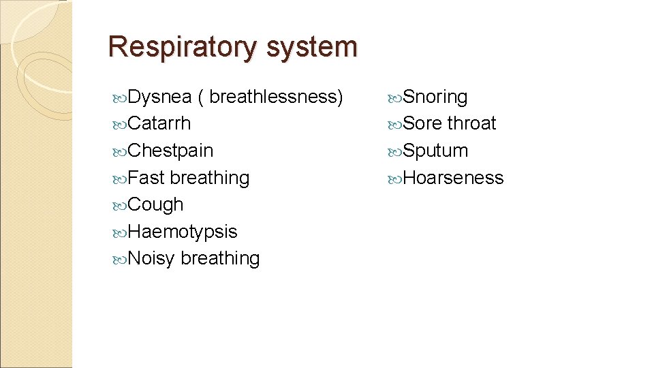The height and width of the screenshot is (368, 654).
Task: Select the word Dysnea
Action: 159,97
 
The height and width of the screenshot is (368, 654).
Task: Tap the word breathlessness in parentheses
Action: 272,97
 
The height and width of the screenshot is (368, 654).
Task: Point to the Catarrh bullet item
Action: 159,123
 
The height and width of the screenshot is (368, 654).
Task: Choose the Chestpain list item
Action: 170,151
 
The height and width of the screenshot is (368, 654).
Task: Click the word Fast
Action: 146,178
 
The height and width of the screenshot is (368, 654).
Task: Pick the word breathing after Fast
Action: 210,178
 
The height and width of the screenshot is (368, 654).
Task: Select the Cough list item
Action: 155,204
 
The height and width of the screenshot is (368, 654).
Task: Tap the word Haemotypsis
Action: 183,232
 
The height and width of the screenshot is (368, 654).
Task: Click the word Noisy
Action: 151,258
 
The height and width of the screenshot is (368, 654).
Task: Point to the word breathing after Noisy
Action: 220,258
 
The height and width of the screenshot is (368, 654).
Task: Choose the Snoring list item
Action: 435,97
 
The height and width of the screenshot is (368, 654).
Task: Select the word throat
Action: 471,123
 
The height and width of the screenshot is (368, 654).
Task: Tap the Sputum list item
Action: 435,151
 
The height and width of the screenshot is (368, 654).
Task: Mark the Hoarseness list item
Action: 453,178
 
